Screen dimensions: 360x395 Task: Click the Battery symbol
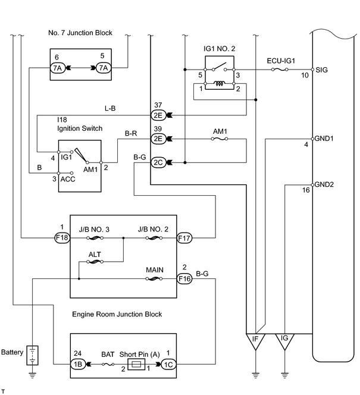click(x=33, y=355)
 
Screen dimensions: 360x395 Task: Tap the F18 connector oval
click(x=62, y=237)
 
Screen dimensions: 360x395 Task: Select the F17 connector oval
click(x=184, y=238)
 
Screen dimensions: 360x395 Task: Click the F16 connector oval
click(x=184, y=278)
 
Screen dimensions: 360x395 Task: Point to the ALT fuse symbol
click(x=95, y=262)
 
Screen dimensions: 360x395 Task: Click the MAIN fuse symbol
click(x=154, y=278)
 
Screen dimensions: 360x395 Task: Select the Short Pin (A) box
click(x=136, y=364)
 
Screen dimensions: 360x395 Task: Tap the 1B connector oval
click(x=78, y=364)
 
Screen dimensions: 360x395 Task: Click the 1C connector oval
click(x=168, y=364)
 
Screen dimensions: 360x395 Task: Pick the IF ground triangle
click(x=255, y=341)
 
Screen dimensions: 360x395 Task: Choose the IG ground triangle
click(x=284, y=341)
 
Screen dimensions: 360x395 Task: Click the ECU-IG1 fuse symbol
click(x=280, y=69)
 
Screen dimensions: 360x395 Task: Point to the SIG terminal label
click(x=321, y=70)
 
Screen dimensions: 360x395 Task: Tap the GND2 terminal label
click(x=324, y=184)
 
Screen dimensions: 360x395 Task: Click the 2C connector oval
click(x=158, y=162)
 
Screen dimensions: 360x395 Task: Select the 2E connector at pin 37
click(x=158, y=115)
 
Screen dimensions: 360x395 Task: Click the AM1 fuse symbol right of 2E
click(x=220, y=139)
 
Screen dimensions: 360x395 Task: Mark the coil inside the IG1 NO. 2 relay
click(x=220, y=83)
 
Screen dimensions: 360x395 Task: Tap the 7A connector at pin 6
click(x=58, y=68)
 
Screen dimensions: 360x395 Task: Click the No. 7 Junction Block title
click(x=80, y=33)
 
